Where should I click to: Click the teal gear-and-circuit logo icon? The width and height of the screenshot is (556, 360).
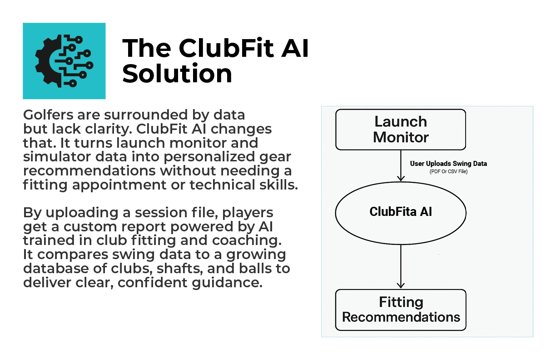point(64,61)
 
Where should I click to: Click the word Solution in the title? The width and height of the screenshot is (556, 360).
point(177,74)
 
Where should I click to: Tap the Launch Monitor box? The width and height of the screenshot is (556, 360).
point(400,130)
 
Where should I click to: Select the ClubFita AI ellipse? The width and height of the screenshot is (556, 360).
point(400,212)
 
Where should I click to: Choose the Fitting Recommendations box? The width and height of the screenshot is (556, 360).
point(400,310)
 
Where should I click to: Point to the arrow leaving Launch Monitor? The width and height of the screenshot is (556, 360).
point(400,165)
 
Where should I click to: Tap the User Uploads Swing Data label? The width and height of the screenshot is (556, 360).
point(448,164)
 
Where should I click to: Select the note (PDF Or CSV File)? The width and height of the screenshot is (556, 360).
point(448,171)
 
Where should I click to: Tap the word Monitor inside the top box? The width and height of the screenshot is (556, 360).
point(400,137)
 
